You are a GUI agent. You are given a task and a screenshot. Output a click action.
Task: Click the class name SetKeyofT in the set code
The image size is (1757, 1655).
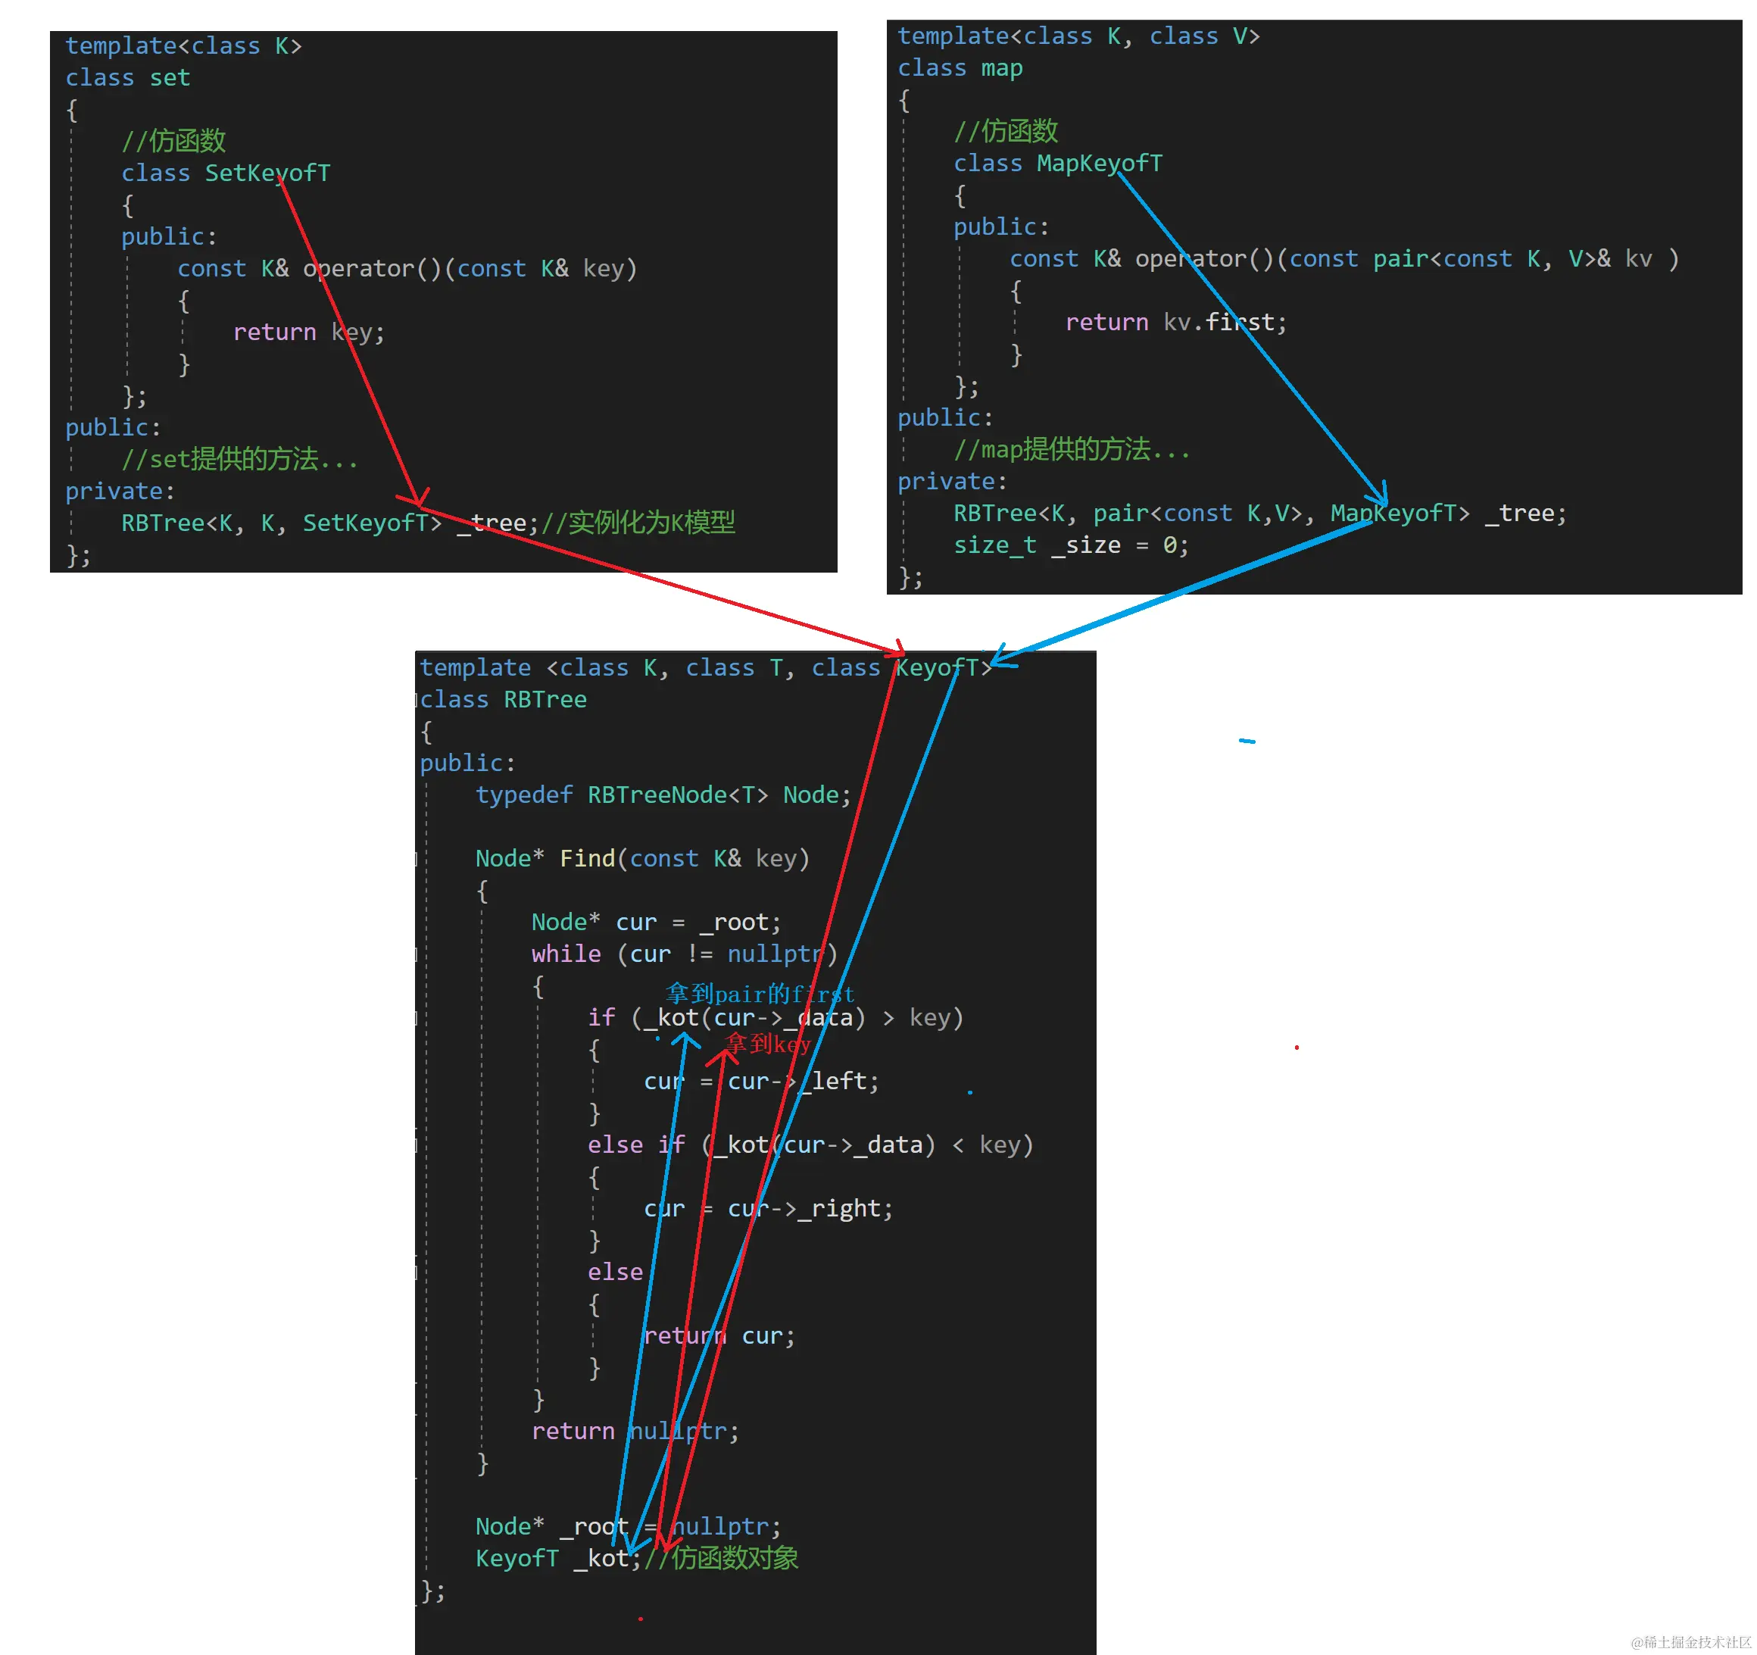coord(268,173)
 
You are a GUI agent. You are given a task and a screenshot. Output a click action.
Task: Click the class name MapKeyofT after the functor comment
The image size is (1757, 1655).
coord(1100,164)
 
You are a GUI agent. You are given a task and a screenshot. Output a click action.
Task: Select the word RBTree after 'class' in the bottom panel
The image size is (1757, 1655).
coord(545,700)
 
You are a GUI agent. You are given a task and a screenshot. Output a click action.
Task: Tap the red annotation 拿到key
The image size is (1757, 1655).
coord(767,1044)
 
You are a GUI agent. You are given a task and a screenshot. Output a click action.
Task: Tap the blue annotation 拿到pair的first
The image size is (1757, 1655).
coord(760,994)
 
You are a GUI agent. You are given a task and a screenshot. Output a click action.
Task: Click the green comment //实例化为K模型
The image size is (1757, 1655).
coord(638,523)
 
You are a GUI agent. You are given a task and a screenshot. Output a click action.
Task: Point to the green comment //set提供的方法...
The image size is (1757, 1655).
coord(239,460)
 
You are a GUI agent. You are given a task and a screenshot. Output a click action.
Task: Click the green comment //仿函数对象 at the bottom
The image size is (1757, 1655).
coord(721,1559)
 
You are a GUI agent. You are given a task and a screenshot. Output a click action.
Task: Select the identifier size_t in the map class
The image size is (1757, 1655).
coord(995,545)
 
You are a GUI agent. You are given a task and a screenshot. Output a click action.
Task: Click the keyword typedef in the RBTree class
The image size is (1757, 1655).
coord(524,795)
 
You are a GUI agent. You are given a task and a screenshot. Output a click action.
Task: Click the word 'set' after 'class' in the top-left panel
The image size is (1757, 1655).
coord(170,79)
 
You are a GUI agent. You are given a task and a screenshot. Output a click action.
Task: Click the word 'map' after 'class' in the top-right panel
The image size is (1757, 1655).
coord(1001,69)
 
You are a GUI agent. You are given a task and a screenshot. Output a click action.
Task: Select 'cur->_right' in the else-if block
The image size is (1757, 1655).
coord(804,1210)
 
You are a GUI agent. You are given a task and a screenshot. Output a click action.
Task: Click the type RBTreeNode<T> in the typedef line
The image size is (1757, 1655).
coord(678,795)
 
